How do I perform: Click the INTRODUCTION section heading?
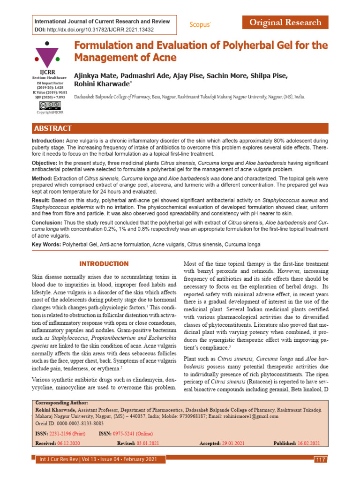(104, 264)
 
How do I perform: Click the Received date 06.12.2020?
(68, 443)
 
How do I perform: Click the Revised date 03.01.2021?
(149, 443)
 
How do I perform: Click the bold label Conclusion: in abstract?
(47, 222)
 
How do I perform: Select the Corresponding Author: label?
(61, 403)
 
